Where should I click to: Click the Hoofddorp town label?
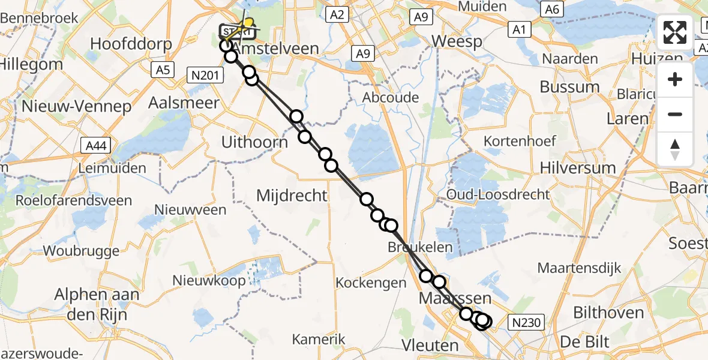click(x=131, y=44)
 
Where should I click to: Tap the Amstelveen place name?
click(x=275, y=48)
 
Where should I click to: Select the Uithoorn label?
click(x=254, y=142)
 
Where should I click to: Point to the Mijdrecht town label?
click(x=292, y=195)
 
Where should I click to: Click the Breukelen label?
click(x=420, y=247)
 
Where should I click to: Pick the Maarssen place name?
click(x=455, y=298)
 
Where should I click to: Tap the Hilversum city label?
click(x=578, y=167)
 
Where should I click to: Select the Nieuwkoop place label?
click(x=209, y=280)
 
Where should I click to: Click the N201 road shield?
click(x=205, y=75)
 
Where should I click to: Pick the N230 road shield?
click(x=526, y=323)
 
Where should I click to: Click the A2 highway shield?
click(x=337, y=14)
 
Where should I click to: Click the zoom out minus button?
click(x=675, y=114)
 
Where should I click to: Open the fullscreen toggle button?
click(x=675, y=32)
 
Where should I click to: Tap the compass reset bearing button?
click(x=675, y=149)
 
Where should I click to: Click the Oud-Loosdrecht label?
click(x=498, y=194)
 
